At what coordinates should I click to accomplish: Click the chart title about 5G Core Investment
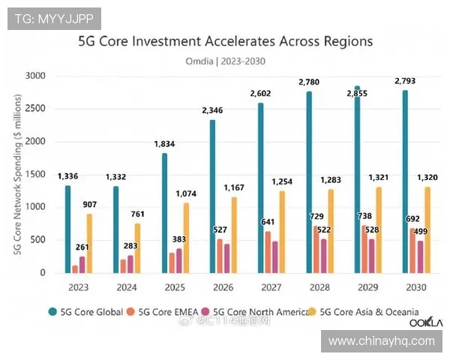tap(226, 42)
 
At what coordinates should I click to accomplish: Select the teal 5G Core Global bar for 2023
tap(67, 229)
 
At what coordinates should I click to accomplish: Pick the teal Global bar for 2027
tap(260, 187)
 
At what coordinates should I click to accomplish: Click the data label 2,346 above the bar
tap(212, 111)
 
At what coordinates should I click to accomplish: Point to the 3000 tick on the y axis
tap(34, 76)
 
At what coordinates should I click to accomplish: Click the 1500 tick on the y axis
tap(34, 174)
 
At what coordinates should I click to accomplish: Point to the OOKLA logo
tap(425, 322)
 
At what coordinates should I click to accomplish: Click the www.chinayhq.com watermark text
tap(381, 341)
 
